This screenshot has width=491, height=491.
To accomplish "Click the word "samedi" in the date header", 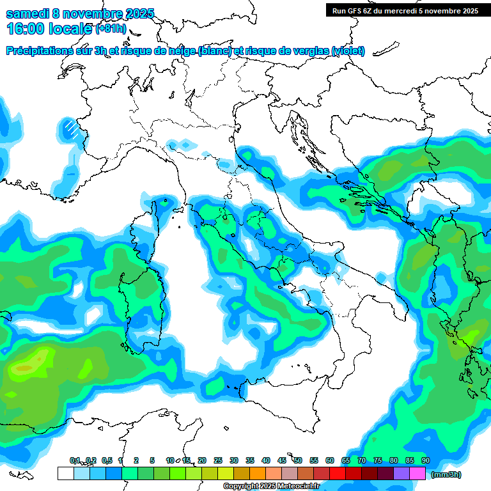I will [26, 13].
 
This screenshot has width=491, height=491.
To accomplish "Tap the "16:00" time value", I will [26, 28].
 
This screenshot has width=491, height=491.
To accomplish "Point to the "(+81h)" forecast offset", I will [111, 29].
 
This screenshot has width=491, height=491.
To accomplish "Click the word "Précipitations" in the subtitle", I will [44, 51].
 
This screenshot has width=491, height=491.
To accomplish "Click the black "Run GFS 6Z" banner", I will [404, 10].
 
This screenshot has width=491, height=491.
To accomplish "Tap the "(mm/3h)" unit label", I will [446, 474].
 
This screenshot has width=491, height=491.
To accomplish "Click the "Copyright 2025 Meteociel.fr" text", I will [271, 487].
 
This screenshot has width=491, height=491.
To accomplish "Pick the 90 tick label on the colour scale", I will [426, 461].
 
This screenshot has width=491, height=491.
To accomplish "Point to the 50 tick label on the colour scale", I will [298, 461].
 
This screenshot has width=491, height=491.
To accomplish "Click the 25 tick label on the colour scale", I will [218, 461].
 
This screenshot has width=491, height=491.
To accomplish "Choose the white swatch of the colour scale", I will [65, 474].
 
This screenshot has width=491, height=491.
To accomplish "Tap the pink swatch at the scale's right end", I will [417, 474].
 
